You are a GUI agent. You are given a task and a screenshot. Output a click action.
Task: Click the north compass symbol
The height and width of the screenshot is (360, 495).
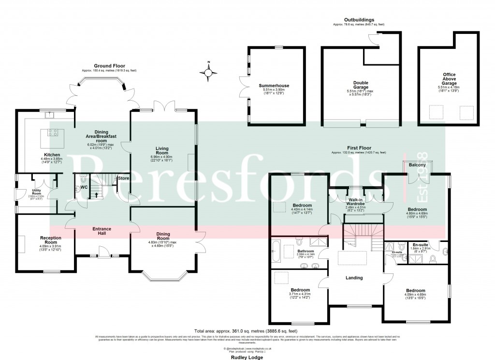(208, 73)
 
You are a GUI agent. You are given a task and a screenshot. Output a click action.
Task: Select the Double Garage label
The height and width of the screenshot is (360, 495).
(361, 83)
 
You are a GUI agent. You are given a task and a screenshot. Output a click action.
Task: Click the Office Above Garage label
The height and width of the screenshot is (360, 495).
(449, 79)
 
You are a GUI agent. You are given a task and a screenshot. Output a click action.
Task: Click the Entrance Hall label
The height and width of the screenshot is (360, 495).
(102, 231)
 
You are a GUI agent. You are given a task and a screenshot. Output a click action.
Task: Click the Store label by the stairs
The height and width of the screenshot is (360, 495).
(123, 178)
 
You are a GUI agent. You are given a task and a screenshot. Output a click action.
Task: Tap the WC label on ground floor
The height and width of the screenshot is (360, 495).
(84, 187)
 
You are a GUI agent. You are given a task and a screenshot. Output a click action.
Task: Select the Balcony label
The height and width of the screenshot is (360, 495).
(417, 165)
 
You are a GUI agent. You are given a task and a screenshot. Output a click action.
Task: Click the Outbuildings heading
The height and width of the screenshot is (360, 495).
(359, 19)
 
